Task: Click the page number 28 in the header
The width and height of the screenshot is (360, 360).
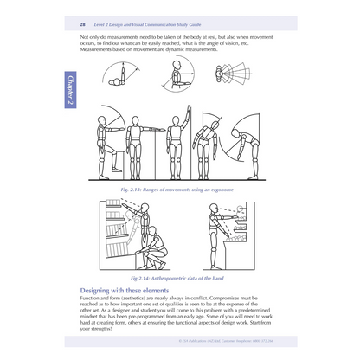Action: [82, 28]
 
